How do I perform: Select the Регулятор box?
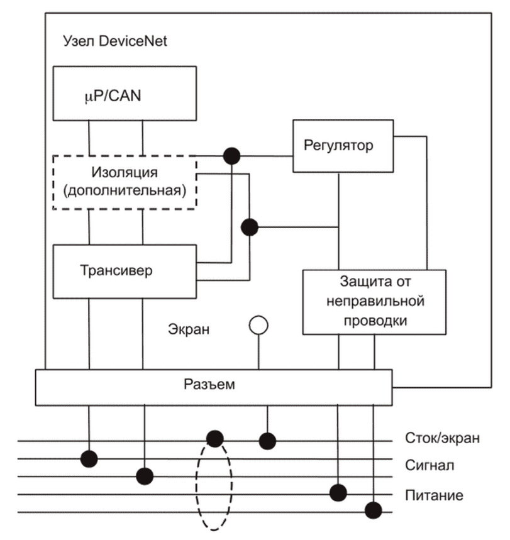point(340,146)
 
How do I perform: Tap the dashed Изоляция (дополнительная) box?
point(125,182)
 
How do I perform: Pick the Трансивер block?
point(125,272)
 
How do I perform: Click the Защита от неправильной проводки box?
point(374,301)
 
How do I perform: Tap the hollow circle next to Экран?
point(258,325)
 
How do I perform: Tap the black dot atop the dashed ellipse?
point(214,438)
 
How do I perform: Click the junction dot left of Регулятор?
point(232,155)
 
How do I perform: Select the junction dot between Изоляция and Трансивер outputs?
point(250,227)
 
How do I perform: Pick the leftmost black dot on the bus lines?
point(89,458)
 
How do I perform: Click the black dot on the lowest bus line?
point(375,509)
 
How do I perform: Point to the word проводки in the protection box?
point(375,320)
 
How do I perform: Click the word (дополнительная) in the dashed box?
point(125,190)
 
